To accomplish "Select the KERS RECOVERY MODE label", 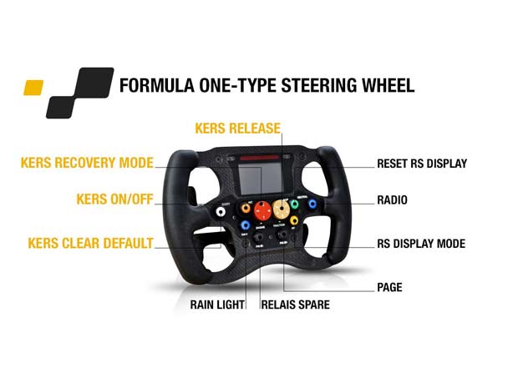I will click(x=86, y=163).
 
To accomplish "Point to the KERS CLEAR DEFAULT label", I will click(x=90, y=244).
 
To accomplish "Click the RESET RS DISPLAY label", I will click(x=421, y=164).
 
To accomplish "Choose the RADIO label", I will click(x=393, y=199).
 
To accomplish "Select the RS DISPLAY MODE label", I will click(x=421, y=244).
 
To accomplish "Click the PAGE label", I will click(x=389, y=287).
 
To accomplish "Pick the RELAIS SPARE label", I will click(x=296, y=305).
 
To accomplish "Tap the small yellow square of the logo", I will click(x=33, y=87).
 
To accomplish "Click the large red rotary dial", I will click(x=263, y=209).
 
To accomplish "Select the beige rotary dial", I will click(x=280, y=207).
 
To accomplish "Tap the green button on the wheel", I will click(x=294, y=204).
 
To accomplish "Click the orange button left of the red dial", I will click(x=246, y=208).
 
